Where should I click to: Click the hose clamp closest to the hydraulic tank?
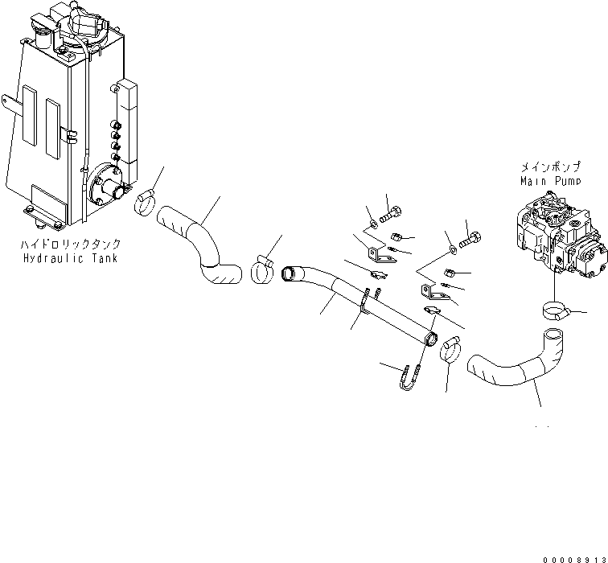(145, 203)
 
